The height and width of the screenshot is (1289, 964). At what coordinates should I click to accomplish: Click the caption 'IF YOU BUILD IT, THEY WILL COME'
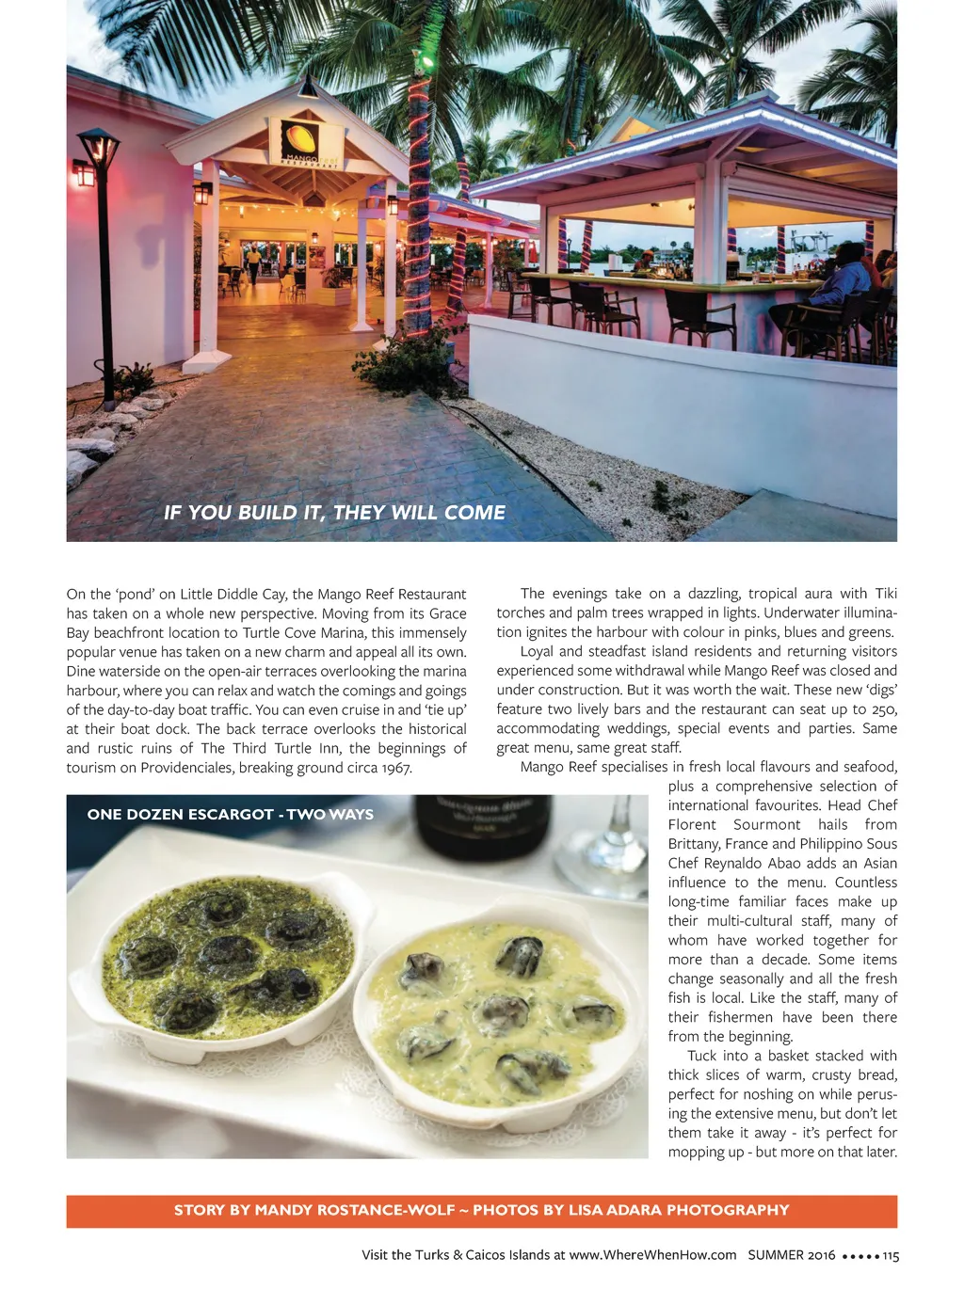(334, 513)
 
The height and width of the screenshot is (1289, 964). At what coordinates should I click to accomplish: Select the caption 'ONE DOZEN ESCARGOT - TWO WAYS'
(230, 815)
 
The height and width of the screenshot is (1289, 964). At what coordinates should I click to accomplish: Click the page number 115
(891, 1255)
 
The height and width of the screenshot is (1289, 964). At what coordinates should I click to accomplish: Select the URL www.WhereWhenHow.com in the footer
(652, 1255)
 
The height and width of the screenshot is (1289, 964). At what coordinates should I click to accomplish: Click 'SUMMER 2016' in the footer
(791, 1255)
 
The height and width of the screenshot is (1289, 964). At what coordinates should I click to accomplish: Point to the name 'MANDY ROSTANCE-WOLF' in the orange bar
(355, 1210)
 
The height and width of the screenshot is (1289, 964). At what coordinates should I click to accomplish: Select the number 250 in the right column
(884, 709)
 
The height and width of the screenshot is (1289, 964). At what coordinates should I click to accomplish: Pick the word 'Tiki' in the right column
(886, 594)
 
